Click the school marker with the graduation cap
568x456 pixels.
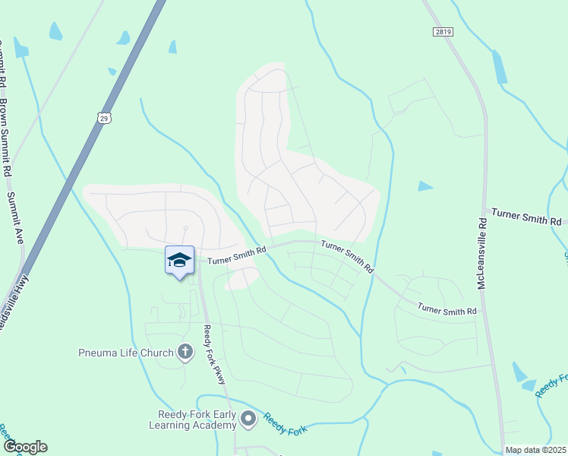click(179, 261)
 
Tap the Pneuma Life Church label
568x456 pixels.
click(125, 352)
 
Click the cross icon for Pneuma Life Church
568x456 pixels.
click(185, 351)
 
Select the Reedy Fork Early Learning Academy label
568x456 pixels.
click(197, 420)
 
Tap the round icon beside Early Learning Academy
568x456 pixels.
click(248, 418)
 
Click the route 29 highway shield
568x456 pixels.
click(104, 117)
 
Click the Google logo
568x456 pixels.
click(25, 447)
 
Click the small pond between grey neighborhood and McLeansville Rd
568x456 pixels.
click(425, 185)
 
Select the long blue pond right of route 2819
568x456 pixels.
click(499, 68)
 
